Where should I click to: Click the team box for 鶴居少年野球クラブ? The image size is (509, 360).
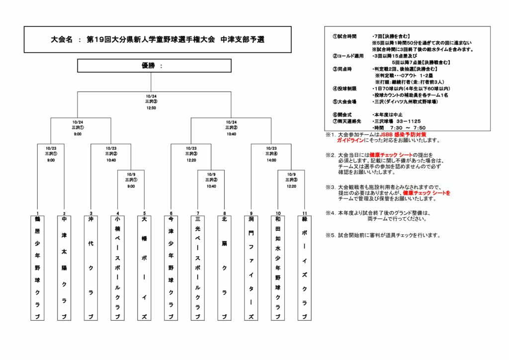(37, 268)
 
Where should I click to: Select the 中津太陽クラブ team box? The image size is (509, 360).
(64, 268)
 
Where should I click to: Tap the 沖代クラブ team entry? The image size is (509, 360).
(91, 268)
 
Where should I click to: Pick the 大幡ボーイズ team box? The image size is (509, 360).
(144, 268)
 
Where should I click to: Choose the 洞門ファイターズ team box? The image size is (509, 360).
(251, 268)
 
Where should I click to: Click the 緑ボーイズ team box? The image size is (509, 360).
(305, 268)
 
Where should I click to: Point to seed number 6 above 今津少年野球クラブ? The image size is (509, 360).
(170, 213)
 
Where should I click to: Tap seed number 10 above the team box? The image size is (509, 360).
(278, 213)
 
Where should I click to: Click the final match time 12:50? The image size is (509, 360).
(151, 108)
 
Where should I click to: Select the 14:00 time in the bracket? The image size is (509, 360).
(271, 160)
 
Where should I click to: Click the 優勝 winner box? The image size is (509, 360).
(154, 66)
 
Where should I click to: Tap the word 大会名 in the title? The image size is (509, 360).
(62, 39)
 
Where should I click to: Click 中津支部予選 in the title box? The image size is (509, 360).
(242, 39)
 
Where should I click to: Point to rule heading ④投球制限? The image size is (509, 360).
(344, 88)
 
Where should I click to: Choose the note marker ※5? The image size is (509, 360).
(331, 235)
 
